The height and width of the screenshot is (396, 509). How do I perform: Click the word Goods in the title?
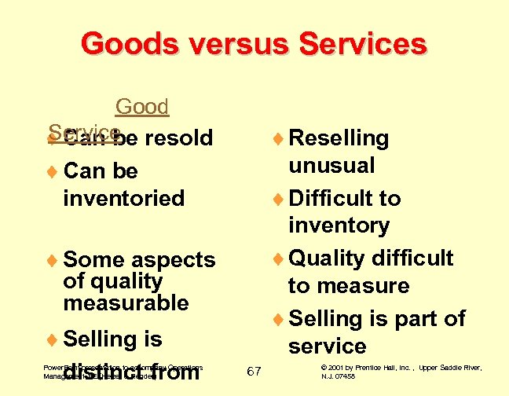pos(127,43)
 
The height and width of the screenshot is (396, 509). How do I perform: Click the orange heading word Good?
pos(142,107)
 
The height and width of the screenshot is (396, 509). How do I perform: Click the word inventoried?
pos(123,198)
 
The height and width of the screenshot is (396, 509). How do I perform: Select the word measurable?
pos(126,302)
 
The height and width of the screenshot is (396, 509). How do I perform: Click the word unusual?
pos(331,166)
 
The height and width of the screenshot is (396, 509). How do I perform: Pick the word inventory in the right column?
pos(339,225)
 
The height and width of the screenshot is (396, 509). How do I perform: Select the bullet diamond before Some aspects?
pos(53,260)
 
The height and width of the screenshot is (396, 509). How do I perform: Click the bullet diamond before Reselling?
pos(279,139)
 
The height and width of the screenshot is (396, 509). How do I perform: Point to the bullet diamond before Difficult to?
pos(279,199)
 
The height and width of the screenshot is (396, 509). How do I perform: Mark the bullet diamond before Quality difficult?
pos(279,258)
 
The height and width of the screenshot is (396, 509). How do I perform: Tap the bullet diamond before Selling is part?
pos(279,319)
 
